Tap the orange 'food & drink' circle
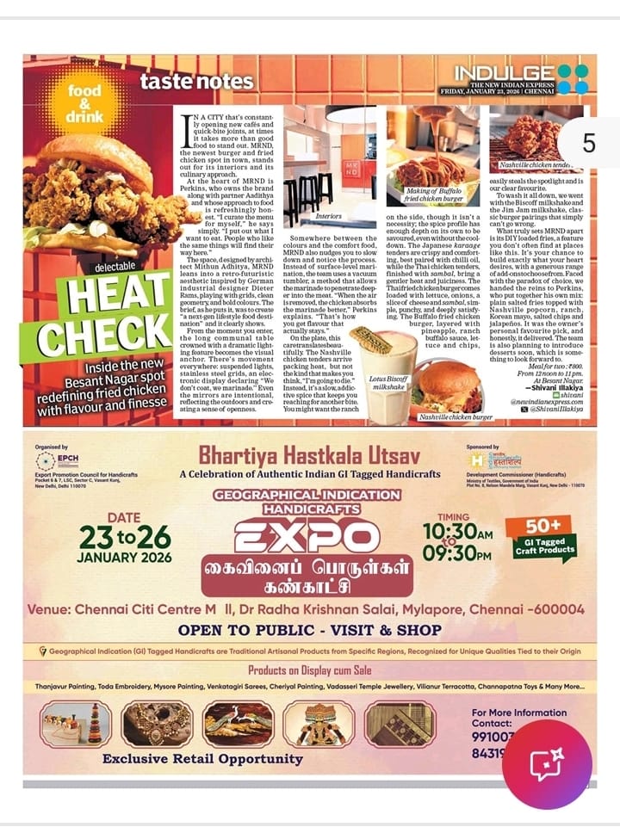[x=84, y=103]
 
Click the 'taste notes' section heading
[x=197, y=82]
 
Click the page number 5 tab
[x=588, y=143]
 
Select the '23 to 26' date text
[x=124, y=538]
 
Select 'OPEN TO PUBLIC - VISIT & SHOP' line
[x=310, y=630]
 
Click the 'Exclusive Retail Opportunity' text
[x=202, y=759]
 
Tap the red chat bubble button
[x=547, y=764]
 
